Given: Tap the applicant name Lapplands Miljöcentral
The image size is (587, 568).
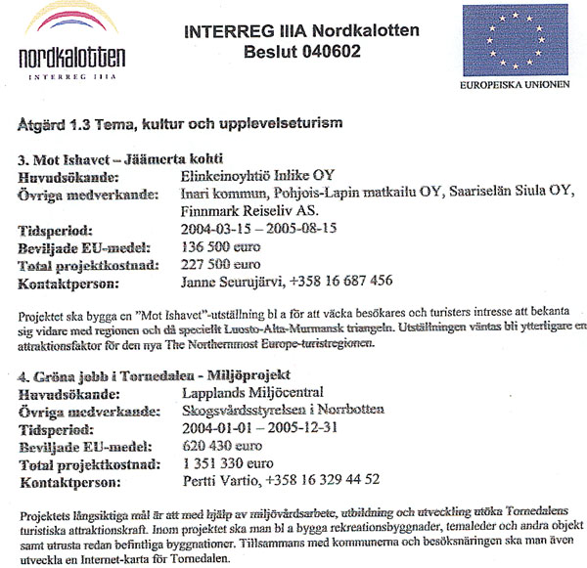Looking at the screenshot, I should tap(253, 392).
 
